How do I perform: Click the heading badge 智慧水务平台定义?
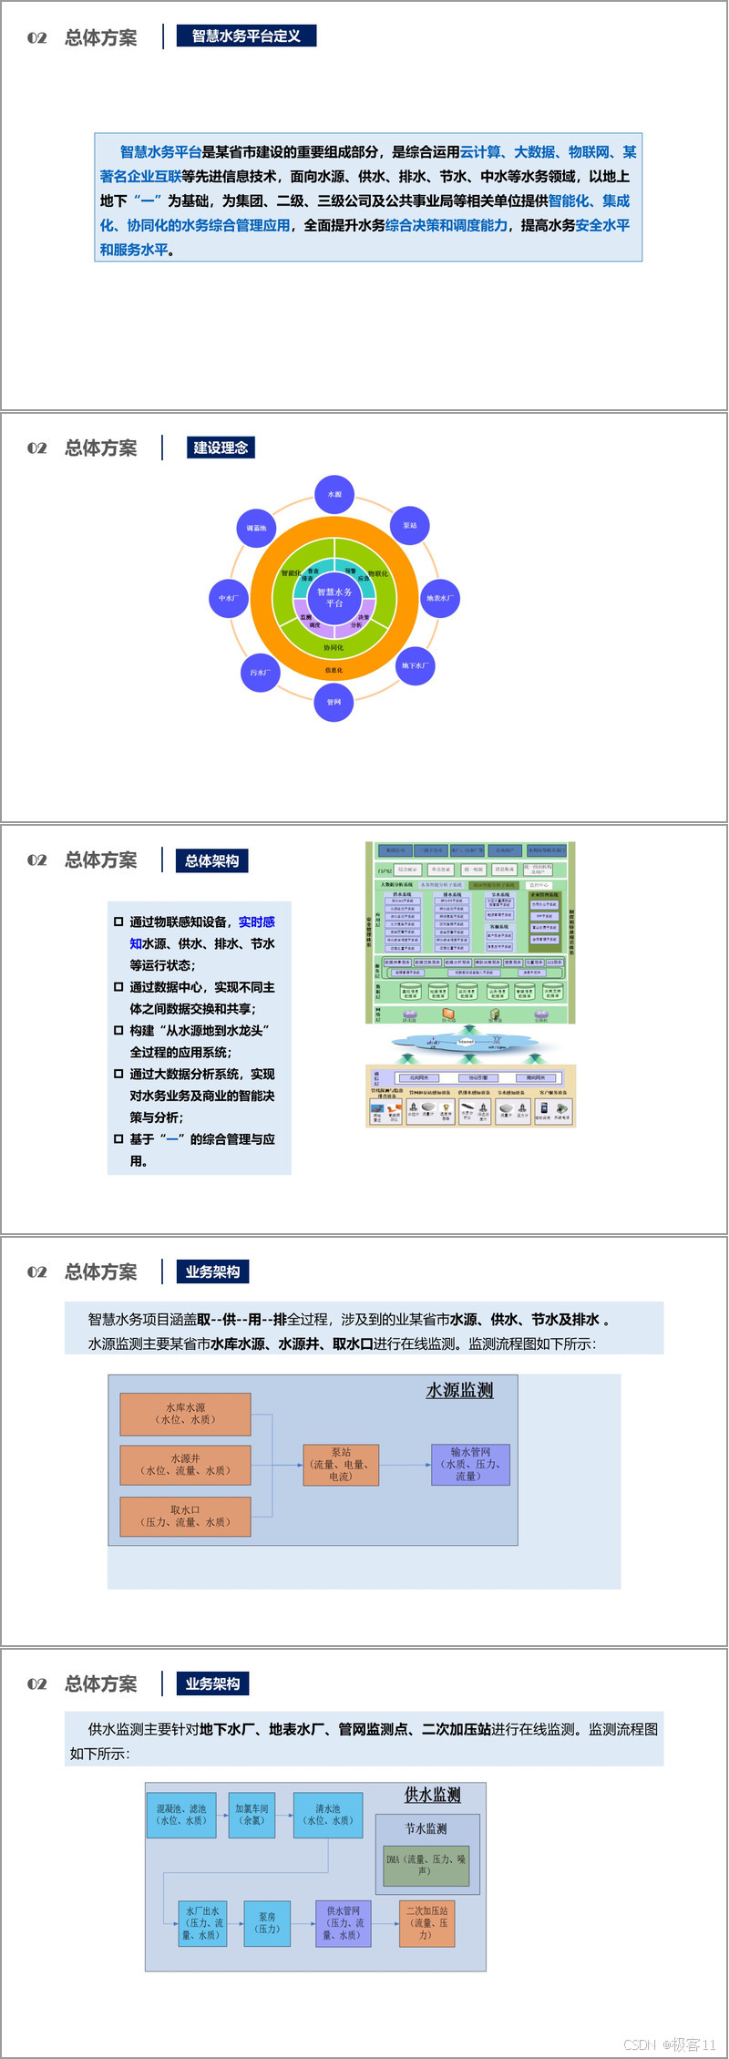[x=246, y=36]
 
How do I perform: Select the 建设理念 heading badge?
[x=221, y=448]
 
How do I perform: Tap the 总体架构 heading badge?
[x=211, y=860]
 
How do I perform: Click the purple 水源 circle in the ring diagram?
[x=334, y=494]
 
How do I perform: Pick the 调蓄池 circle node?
[x=256, y=528]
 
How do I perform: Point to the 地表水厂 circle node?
[x=439, y=598]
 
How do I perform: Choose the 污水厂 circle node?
[x=260, y=673]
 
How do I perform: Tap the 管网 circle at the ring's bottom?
[x=334, y=702]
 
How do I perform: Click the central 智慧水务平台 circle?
[x=334, y=598]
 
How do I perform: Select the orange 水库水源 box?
[x=185, y=1414]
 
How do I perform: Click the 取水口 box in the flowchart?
[x=185, y=1516]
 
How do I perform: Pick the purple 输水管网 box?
[x=470, y=1464]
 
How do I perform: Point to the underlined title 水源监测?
[x=459, y=1390]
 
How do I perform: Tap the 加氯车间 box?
[x=252, y=1814]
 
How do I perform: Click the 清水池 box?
[x=327, y=1814]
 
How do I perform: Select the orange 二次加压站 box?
[x=426, y=1922]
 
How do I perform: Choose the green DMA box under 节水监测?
[x=426, y=1865]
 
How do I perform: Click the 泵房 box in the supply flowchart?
[x=267, y=1922]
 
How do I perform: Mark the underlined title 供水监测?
[x=432, y=1795]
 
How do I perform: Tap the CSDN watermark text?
[x=669, y=2044]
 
